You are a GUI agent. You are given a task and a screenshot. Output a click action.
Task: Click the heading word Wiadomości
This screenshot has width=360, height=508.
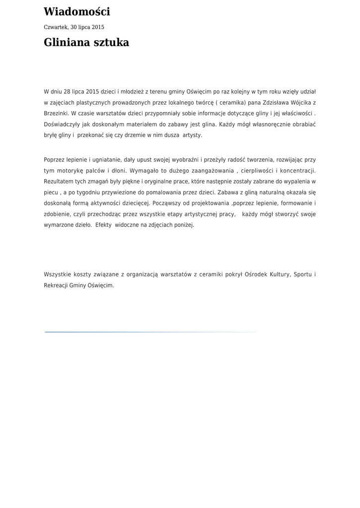[76, 12]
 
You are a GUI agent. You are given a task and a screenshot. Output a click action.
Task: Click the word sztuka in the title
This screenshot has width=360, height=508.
[111, 43]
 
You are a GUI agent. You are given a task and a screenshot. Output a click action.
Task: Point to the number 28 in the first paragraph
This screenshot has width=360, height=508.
[68, 92]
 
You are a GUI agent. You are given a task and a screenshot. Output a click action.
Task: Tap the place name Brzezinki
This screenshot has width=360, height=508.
[56, 113]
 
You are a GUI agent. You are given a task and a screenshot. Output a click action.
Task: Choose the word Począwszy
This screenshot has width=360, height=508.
[168, 203]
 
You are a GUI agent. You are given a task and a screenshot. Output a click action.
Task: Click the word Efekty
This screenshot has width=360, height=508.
[103, 225]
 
